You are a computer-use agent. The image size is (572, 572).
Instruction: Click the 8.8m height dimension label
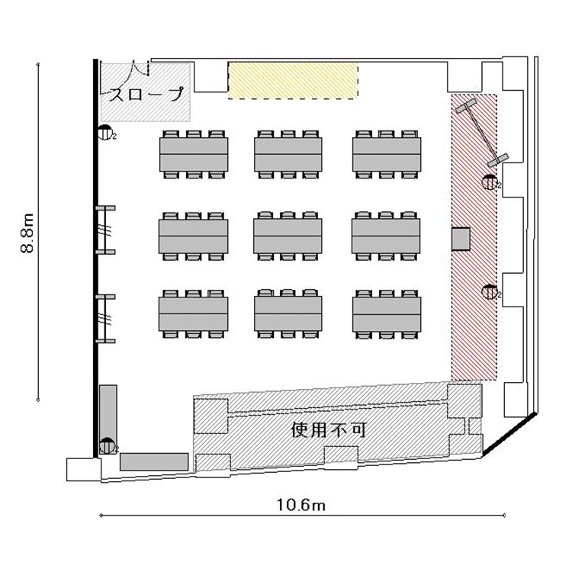tap(27, 233)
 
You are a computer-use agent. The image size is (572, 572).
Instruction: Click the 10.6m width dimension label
tap(301, 505)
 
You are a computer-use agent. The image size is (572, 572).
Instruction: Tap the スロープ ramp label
tap(146, 94)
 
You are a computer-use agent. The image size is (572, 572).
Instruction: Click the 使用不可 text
tap(329, 429)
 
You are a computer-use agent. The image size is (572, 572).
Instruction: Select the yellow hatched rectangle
tap(293, 81)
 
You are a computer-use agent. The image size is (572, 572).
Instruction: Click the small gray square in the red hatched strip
tap(461, 239)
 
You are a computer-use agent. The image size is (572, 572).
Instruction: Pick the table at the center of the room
tap(288, 236)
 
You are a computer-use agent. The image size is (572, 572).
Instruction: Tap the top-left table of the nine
tap(194, 154)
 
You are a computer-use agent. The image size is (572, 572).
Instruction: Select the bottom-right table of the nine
tap(387, 313)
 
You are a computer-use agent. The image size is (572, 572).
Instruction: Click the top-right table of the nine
tap(387, 154)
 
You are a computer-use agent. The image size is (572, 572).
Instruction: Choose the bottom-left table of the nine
tap(194, 313)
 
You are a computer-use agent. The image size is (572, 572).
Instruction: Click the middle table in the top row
tap(288, 154)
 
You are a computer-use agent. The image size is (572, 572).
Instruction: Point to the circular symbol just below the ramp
tap(105, 133)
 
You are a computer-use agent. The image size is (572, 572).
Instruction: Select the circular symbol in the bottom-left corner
tap(107, 446)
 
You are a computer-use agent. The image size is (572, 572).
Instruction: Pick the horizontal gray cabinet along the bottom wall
tap(154, 462)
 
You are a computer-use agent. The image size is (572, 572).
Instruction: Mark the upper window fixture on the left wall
tap(105, 230)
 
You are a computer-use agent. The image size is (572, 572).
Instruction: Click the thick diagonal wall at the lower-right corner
tap(509, 434)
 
